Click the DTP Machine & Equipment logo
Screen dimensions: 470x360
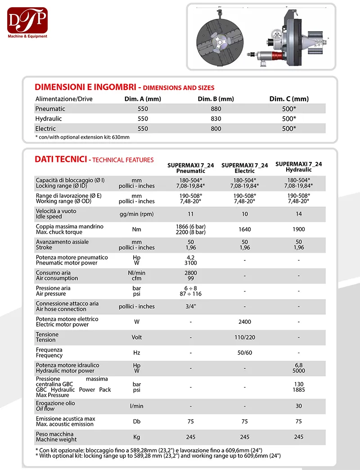pyautogui.click(x=27, y=22)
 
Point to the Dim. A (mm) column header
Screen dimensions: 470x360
pyautogui.click(x=143, y=99)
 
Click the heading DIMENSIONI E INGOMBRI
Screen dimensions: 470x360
pyautogui.click(x=85, y=87)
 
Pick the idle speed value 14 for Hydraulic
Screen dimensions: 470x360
pyautogui.click(x=298, y=214)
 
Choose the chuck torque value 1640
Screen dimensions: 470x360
pyautogui.click(x=244, y=229)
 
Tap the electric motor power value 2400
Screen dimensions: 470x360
pyautogui.click(x=244, y=322)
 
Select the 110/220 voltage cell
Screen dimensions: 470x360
pyautogui.click(x=244, y=337)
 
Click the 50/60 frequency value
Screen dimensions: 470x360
pyautogui.click(x=244, y=353)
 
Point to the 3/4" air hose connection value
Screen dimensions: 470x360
pyautogui.click(x=191, y=306)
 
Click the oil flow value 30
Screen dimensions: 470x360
pyautogui.click(x=298, y=406)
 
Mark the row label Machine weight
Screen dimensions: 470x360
pyautogui.click(x=56, y=439)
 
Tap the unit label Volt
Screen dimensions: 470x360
pyautogui.click(x=137, y=337)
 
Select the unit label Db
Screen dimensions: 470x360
pyautogui.click(x=137, y=422)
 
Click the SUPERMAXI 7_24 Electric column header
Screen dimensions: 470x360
pyautogui.click(x=244, y=168)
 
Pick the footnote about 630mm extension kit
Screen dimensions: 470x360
pyautogui.click(x=82, y=137)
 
